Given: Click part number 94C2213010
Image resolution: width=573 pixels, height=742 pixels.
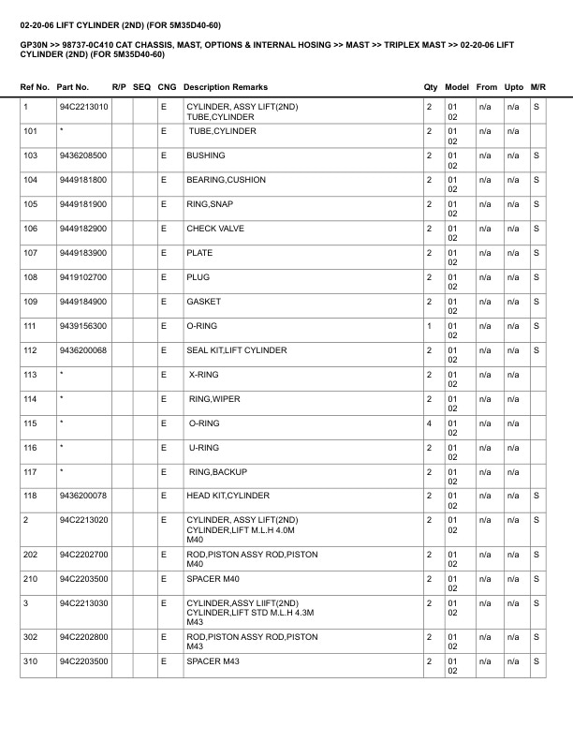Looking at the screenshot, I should [x=83, y=108].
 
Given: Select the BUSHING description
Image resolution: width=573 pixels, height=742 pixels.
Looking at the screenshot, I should [x=205, y=156].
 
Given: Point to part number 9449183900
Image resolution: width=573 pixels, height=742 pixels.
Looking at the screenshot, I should [x=82, y=253].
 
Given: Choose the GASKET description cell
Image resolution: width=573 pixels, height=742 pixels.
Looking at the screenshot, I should [x=203, y=302].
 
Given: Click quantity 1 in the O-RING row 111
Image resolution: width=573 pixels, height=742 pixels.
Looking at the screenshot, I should [x=429, y=326].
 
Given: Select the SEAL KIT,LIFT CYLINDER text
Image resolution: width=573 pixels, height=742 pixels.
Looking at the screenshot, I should [x=237, y=350].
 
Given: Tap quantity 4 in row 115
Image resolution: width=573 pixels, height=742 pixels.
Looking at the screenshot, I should [x=429, y=423].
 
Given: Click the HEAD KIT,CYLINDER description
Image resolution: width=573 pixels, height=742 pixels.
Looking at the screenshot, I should [x=228, y=496].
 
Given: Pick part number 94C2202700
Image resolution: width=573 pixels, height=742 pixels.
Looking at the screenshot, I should [x=83, y=555].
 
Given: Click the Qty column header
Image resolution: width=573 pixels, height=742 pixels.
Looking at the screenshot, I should [x=430, y=87].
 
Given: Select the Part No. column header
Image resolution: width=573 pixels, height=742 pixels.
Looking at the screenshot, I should [x=73, y=87].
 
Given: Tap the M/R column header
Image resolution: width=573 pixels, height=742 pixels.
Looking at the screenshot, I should [x=537, y=87].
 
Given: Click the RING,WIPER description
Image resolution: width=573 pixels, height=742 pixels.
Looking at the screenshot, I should [x=214, y=399].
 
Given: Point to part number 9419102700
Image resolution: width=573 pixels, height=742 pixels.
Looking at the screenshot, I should [x=82, y=277].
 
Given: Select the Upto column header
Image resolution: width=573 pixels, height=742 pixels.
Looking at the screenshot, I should [x=513, y=87].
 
